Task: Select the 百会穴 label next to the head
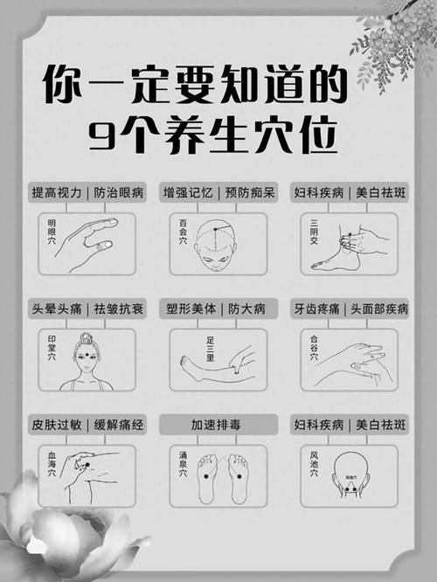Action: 184,233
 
